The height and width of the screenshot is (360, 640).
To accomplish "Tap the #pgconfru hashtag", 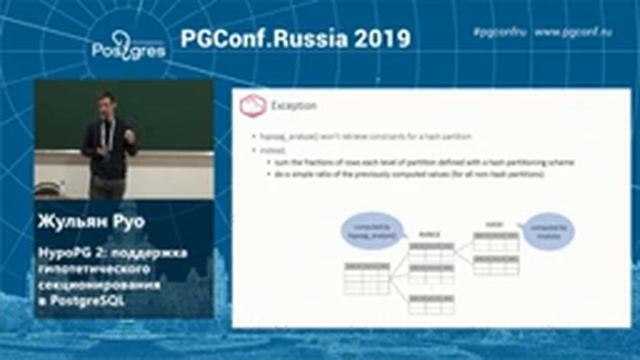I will tap(497, 32).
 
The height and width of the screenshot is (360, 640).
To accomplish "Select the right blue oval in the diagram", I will tap(551, 230).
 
